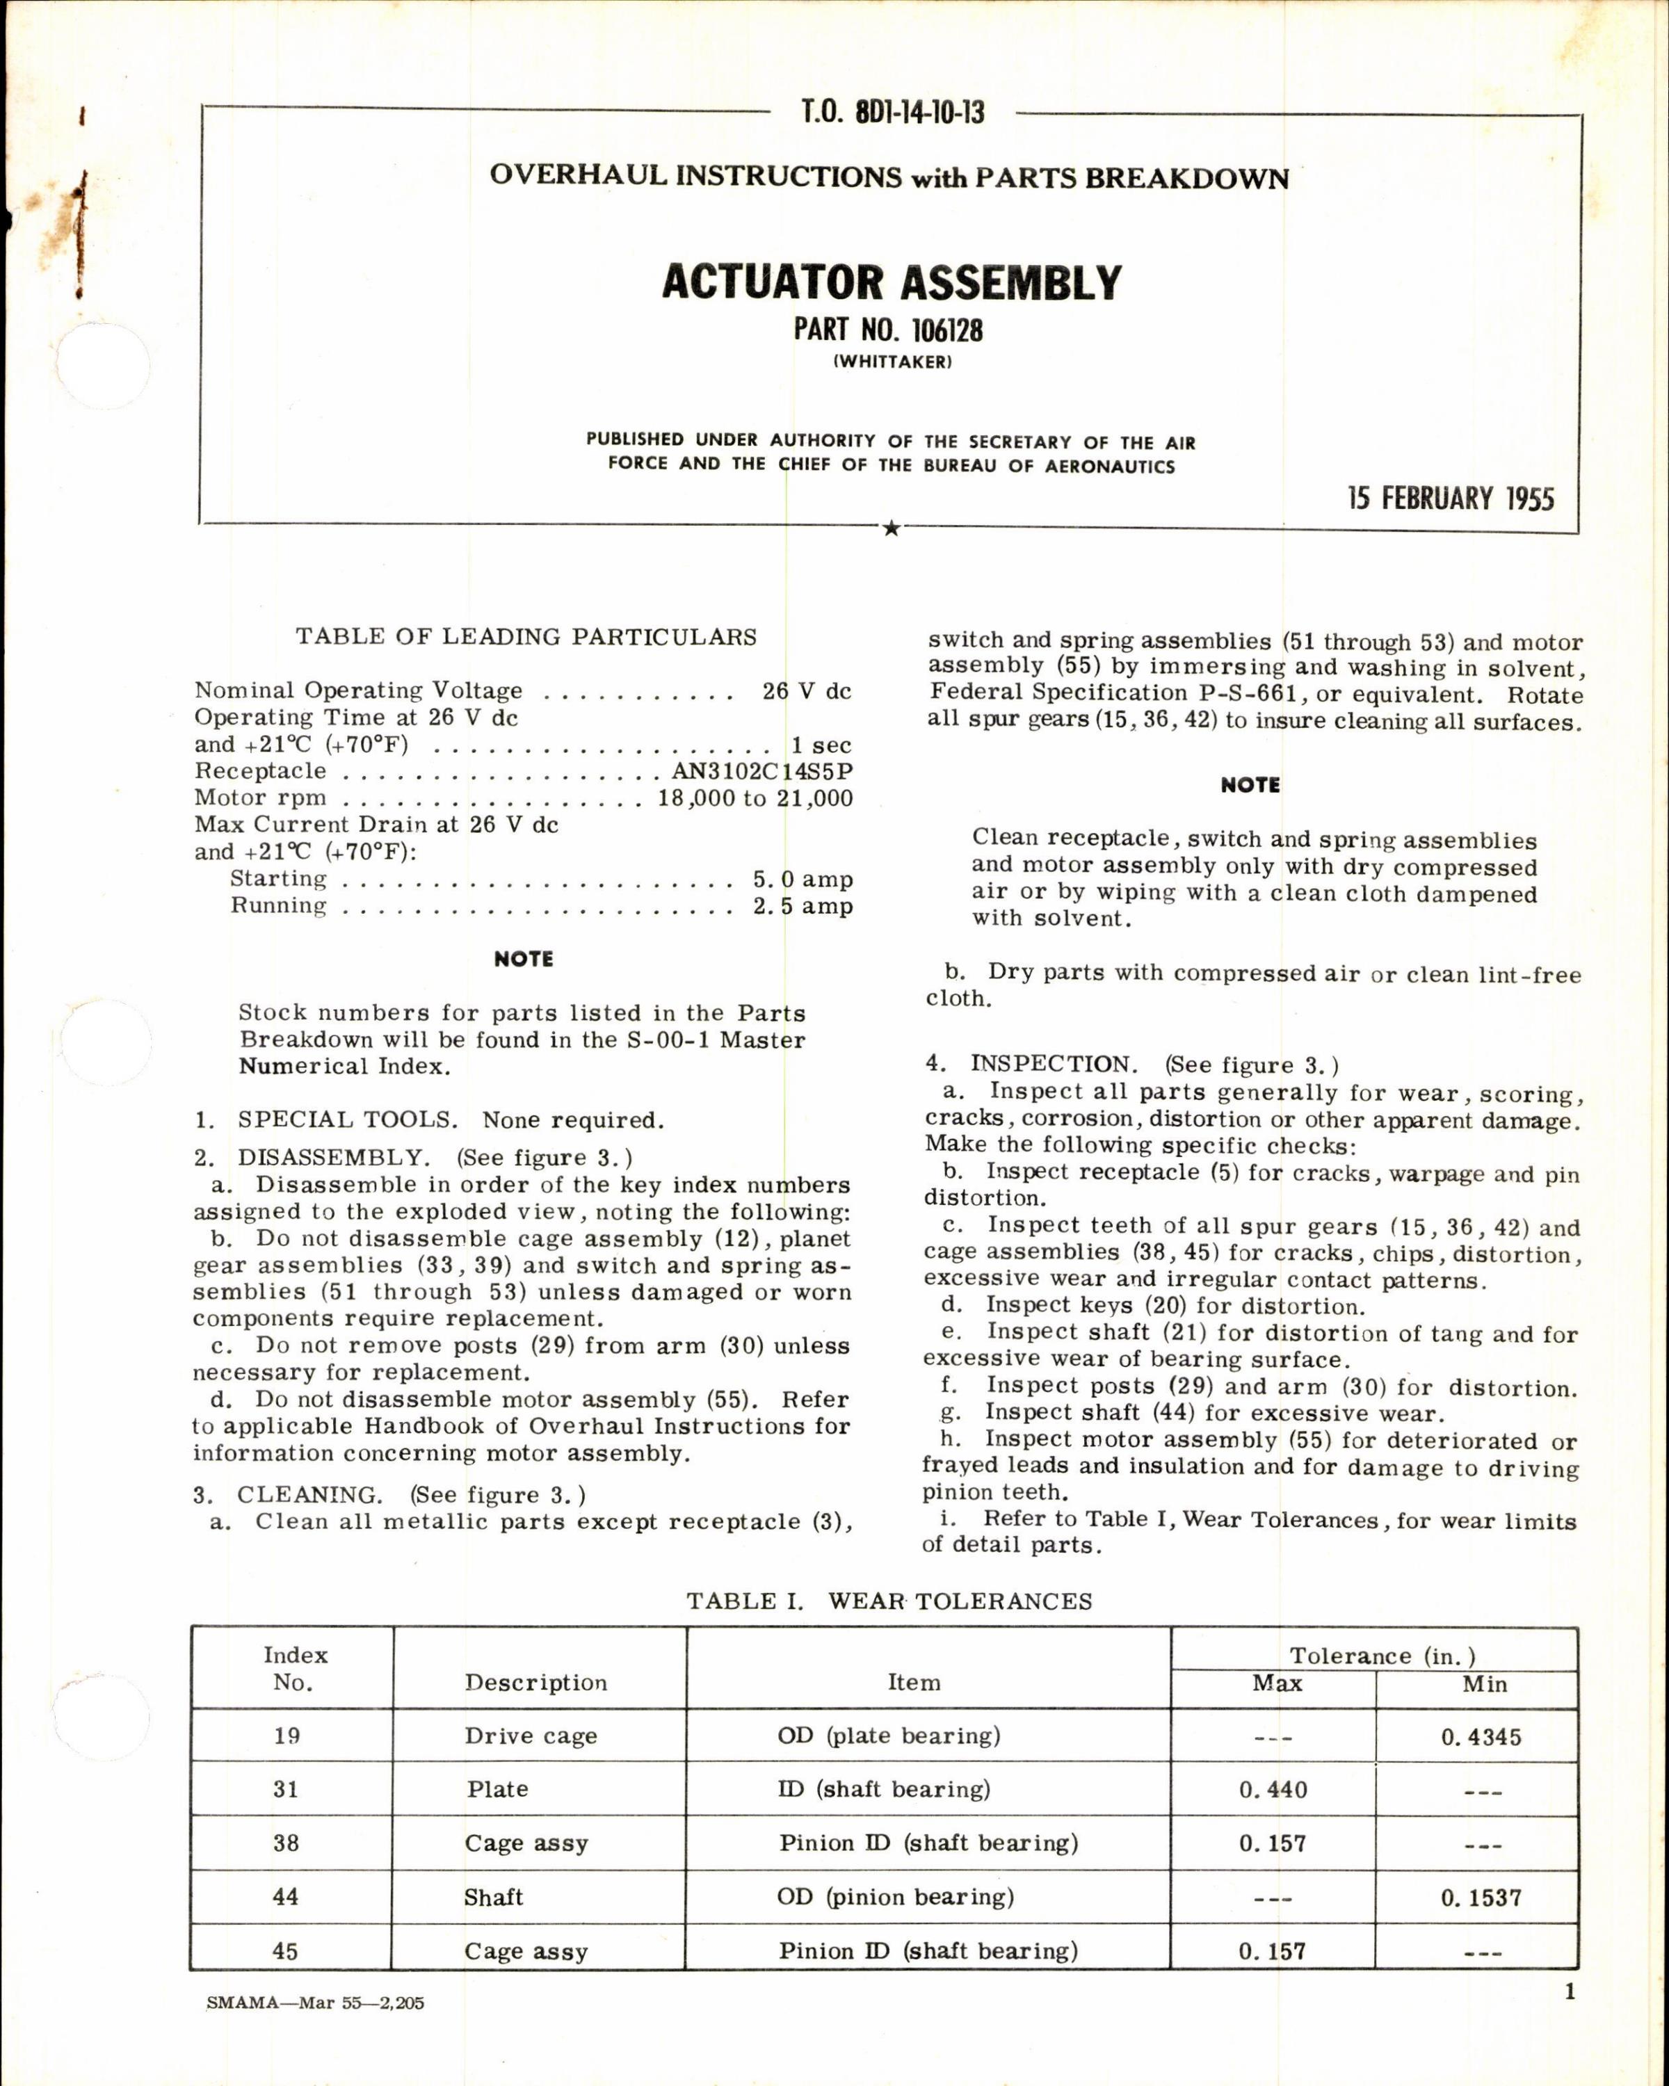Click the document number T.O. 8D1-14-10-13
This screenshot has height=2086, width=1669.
[892, 113]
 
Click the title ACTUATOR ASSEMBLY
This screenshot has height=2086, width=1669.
[891, 282]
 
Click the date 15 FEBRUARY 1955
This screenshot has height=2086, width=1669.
[1451, 499]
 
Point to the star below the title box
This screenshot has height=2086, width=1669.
[891, 528]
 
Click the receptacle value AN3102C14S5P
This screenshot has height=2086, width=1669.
[762, 771]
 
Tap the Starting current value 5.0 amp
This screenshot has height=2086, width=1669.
[802, 880]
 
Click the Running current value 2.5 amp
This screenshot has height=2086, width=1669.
[802, 907]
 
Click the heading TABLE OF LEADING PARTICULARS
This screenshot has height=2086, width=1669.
[526, 637]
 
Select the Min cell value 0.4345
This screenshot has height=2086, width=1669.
[1481, 1737]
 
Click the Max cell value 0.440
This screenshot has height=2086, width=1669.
[1273, 1790]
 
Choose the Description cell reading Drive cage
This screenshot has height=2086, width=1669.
[530, 1737]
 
